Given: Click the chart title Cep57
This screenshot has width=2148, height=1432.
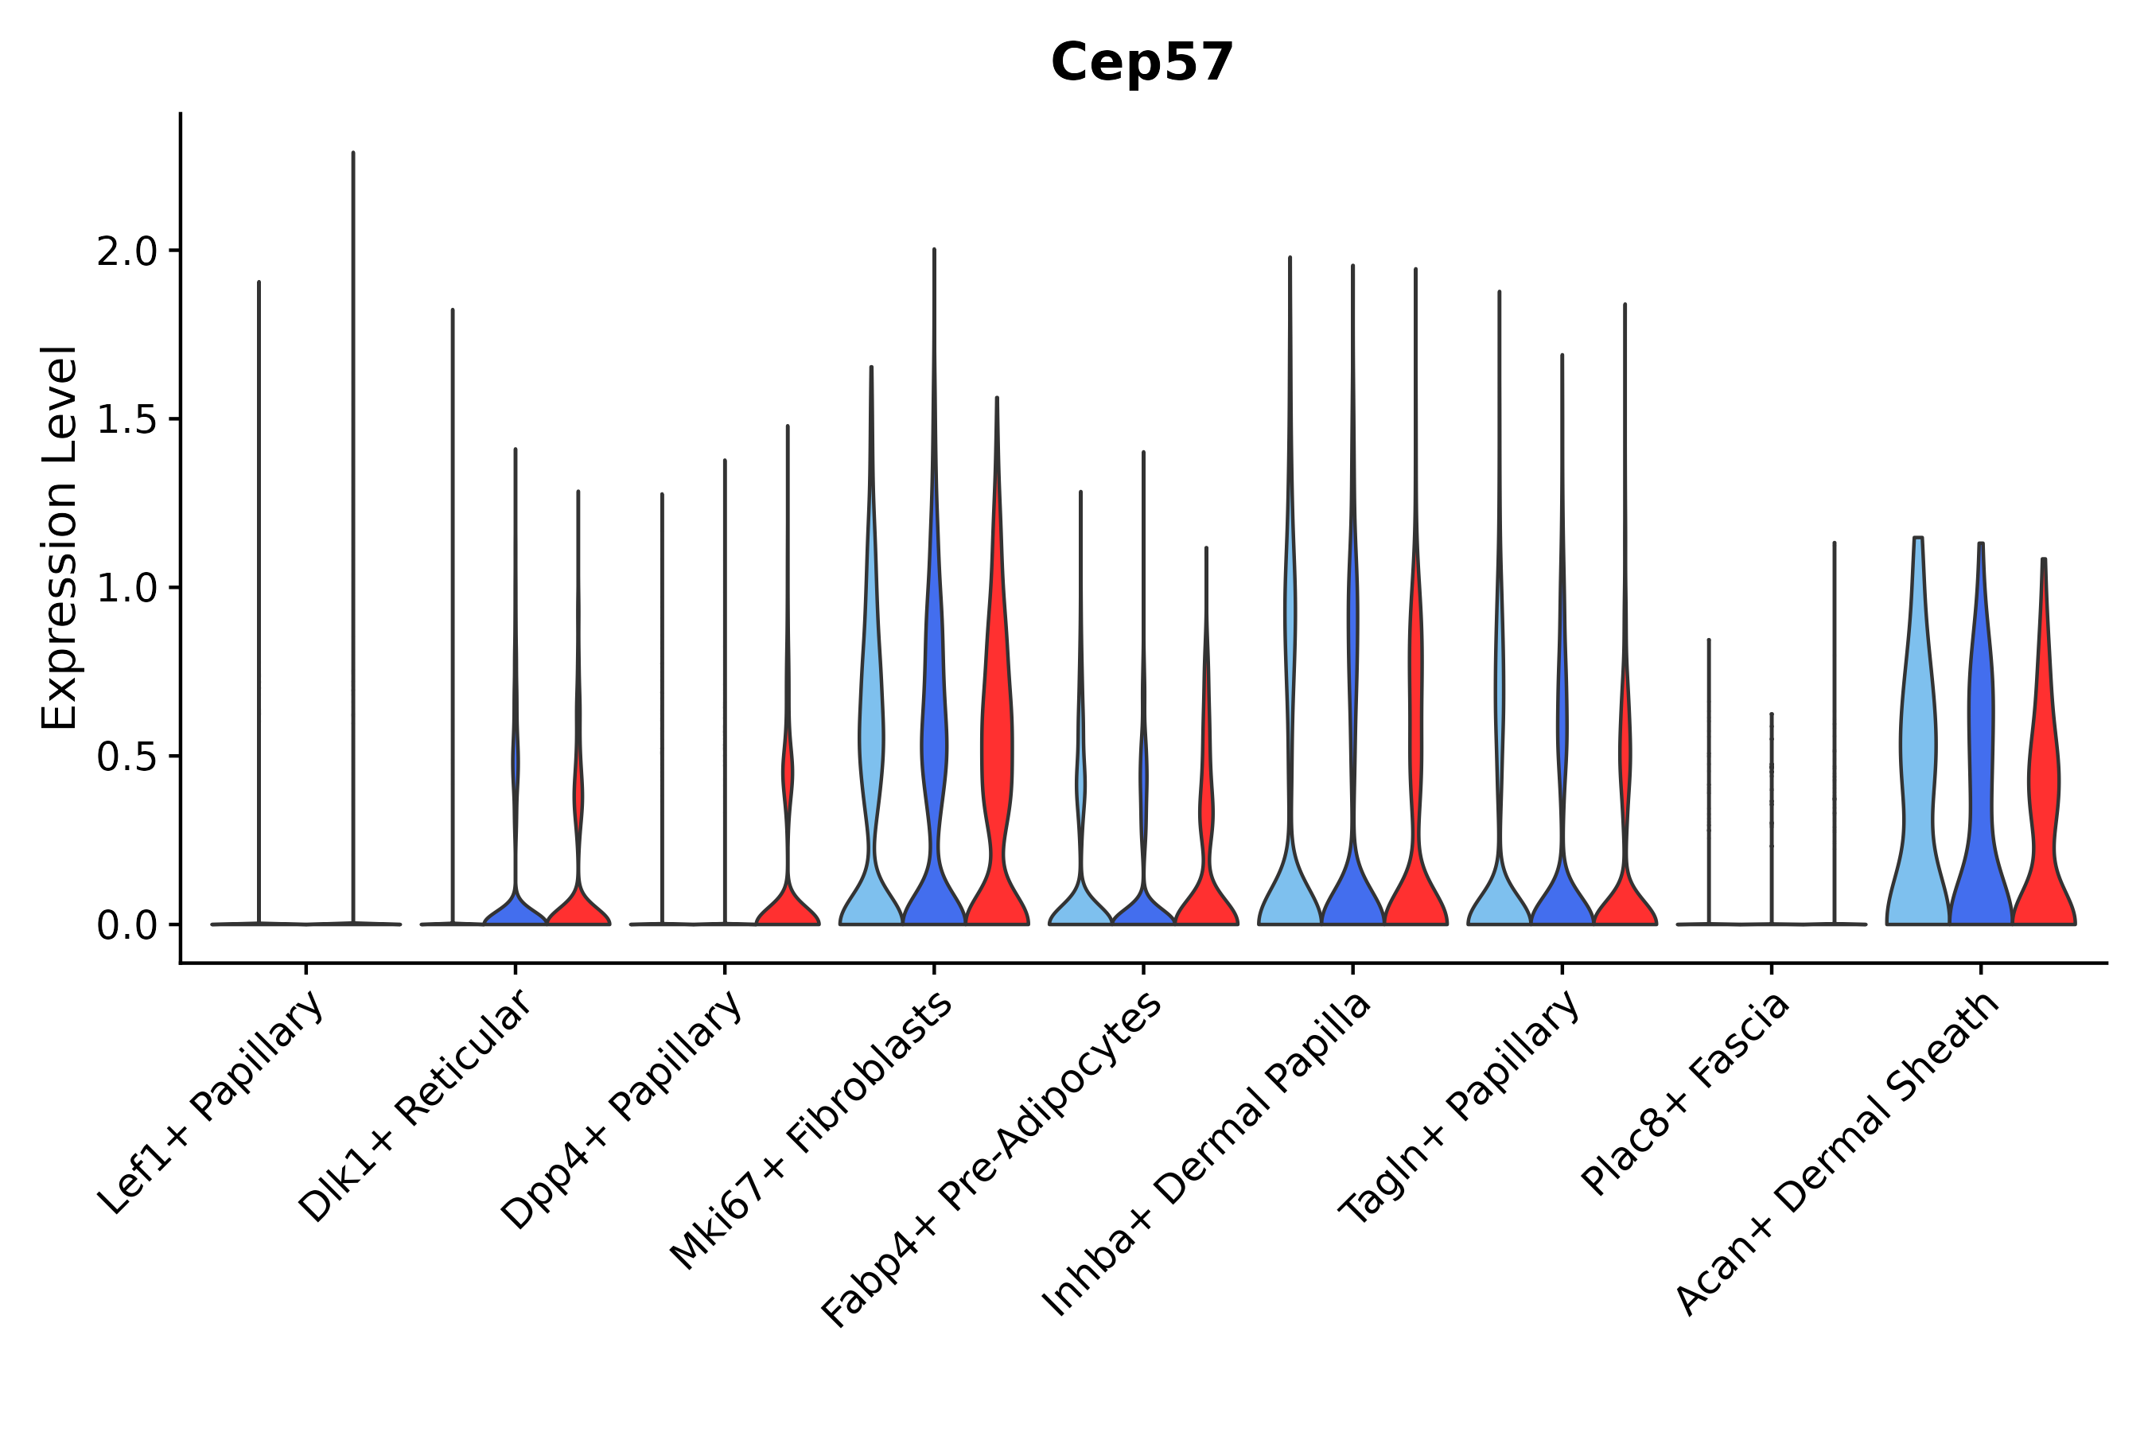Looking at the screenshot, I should (1142, 62).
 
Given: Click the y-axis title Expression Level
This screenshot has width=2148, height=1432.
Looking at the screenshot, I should (60, 537).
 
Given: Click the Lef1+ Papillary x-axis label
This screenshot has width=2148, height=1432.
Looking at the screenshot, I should (212, 1103).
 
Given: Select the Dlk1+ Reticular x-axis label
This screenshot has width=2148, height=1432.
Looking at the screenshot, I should (415, 1107).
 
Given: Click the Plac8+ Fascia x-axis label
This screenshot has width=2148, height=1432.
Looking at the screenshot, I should (1685, 1094).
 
